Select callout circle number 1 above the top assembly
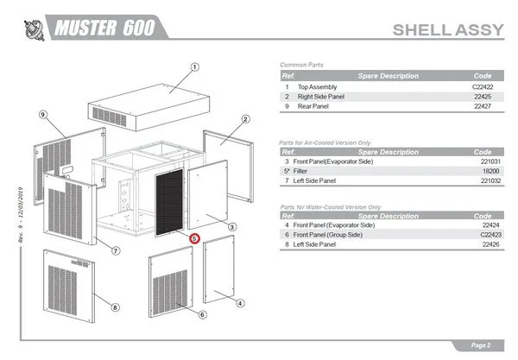pyautogui.click(x=195, y=67)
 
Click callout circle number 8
pyautogui.click(x=116, y=306)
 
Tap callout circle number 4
pyautogui.click(x=240, y=302)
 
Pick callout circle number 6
pyautogui.click(x=201, y=314)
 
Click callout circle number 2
pyautogui.click(x=245, y=119)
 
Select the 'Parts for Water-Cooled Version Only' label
pyautogui.click(x=331, y=207)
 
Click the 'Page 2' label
pyautogui.click(x=480, y=345)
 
